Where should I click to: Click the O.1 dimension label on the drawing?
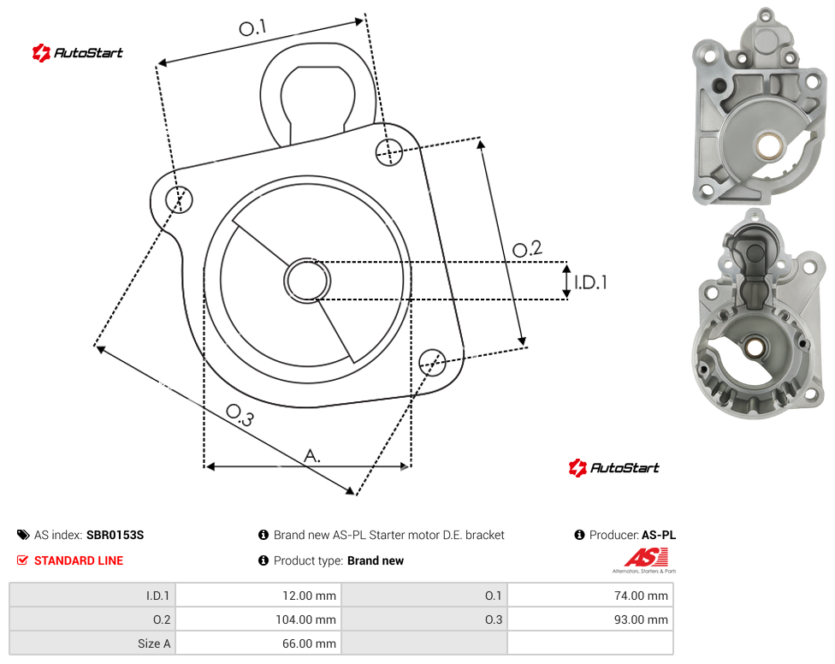click(252, 27)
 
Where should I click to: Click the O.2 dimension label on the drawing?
click(527, 249)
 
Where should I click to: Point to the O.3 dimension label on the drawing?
click(240, 415)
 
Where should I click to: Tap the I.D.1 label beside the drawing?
click(590, 282)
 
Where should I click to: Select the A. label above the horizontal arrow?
click(312, 456)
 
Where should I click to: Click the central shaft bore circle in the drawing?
click(307, 281)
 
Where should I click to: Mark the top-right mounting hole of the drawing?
click(389, 151)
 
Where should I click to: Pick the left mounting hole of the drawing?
click(179, 200)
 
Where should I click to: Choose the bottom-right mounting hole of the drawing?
click(432, 363)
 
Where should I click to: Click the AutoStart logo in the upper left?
click(78, 53)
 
